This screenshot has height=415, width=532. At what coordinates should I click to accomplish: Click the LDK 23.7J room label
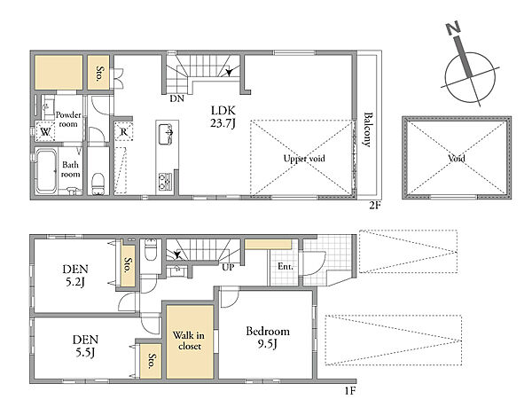tap(223, 116)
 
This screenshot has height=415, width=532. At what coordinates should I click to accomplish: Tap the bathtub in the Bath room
tap(46, 170)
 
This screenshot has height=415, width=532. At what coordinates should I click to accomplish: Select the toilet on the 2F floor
tap(98, 184)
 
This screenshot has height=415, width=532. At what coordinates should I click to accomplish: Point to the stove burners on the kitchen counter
tap(165, 181)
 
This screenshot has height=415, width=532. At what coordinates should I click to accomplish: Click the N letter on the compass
tap(453, 28)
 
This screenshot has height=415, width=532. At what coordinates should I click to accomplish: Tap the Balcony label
tap(367, 129)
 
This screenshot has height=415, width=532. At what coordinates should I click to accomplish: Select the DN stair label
tap(176, 98)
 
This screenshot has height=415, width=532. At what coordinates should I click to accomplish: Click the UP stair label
tap(228, 268)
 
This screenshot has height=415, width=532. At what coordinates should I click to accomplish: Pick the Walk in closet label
tap(189, 341)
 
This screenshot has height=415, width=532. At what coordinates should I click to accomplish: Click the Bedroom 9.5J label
tap(268, 337)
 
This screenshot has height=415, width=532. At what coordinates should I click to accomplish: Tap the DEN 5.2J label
tap(75, 275)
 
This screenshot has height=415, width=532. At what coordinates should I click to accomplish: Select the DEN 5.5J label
tap(85, 346)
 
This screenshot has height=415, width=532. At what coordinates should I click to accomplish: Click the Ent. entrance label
tap(285, 266)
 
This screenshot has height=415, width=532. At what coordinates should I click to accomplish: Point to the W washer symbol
tap(45, 132)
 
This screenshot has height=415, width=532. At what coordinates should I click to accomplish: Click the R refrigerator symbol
tap(123, 131)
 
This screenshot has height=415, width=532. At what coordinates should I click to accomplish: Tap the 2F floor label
tap(375, 206)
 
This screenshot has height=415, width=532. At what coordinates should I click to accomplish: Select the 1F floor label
tap(350, 391)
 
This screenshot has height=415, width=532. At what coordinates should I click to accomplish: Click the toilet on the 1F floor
tap(151, 249)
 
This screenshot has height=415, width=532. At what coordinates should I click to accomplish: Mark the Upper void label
tap(304, 159)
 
